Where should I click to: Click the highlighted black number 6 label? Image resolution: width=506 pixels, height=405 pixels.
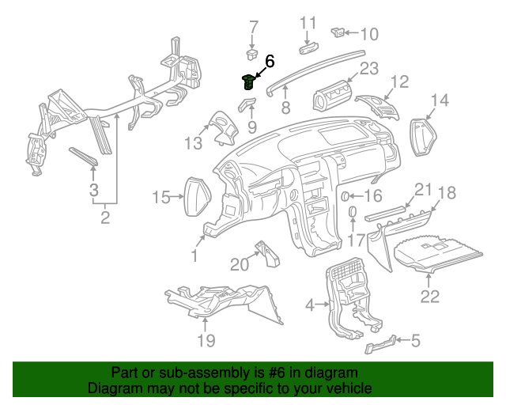point(269,61)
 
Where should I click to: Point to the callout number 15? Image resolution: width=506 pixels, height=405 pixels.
point(161,196)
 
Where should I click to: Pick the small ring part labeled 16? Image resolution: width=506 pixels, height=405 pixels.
point(346,195)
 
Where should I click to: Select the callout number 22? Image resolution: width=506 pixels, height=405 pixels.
point(429,297)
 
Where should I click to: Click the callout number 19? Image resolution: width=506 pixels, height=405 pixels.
point(206,342)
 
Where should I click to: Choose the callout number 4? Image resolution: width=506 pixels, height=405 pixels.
point(310,303)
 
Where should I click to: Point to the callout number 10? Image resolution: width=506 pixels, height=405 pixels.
point(369,34)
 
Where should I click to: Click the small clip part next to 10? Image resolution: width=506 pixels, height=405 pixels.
point(338,32)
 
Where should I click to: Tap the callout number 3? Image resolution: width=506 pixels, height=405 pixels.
point(93,190)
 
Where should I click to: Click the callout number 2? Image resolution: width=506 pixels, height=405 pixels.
point(104,216)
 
